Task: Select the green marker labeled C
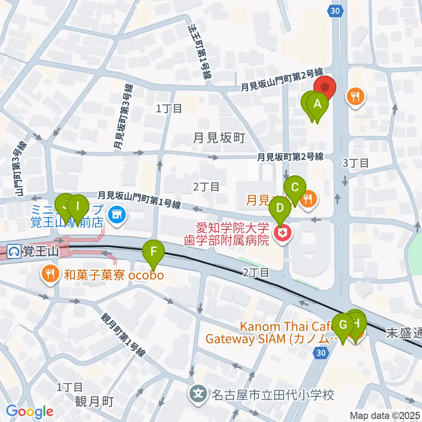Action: [x=295, y=186]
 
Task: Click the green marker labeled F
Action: [x=154, y=252]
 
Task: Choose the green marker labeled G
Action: [x=343, y=326]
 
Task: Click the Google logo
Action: [x=29, y=411]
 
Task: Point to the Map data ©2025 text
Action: [x=385, y=415]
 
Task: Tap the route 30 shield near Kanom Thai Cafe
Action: [x=321, y=353]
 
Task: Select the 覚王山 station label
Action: [x=35, y=252]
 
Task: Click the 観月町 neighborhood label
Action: [x=95, y=401]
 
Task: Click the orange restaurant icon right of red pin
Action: [x=355, y=95]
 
